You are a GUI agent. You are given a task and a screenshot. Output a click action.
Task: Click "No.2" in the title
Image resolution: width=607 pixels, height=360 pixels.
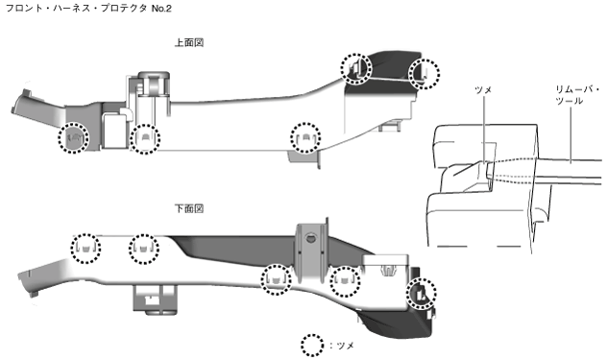[x=161, y=8]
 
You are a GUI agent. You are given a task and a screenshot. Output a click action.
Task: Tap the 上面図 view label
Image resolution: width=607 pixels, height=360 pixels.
[x=189, y=42]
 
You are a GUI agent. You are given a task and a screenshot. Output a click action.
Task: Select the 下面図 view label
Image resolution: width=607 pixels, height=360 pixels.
[x=189, y=208]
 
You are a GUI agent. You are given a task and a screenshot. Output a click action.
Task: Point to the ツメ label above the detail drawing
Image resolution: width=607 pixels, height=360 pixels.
[x=483, y=90]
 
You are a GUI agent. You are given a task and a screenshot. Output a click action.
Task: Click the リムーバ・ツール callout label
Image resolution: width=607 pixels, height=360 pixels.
[x=577, y=95]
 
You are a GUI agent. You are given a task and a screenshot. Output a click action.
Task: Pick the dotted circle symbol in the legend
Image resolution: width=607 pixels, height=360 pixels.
[x=312, y=345]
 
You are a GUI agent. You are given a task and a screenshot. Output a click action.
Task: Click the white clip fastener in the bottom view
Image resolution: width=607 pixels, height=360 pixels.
[x=387, y=270]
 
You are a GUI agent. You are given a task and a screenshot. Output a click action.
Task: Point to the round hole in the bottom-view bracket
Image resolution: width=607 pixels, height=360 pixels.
[x=309, y=238]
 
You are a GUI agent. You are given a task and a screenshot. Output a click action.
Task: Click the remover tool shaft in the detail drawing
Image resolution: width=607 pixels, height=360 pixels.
[x=570, y=168]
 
